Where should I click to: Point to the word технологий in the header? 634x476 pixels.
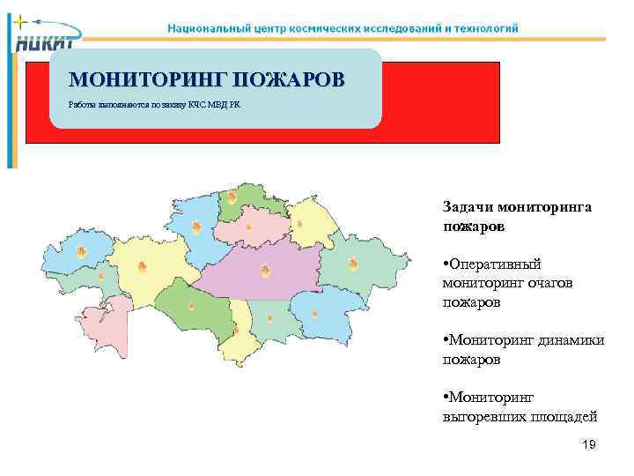[487, 27]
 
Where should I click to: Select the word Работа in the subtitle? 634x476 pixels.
[83, 105]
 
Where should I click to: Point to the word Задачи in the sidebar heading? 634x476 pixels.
[468, 207]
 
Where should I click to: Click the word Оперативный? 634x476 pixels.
[496, 264]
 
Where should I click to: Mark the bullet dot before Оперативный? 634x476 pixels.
[446, 264]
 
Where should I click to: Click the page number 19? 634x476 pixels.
[589, 445]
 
